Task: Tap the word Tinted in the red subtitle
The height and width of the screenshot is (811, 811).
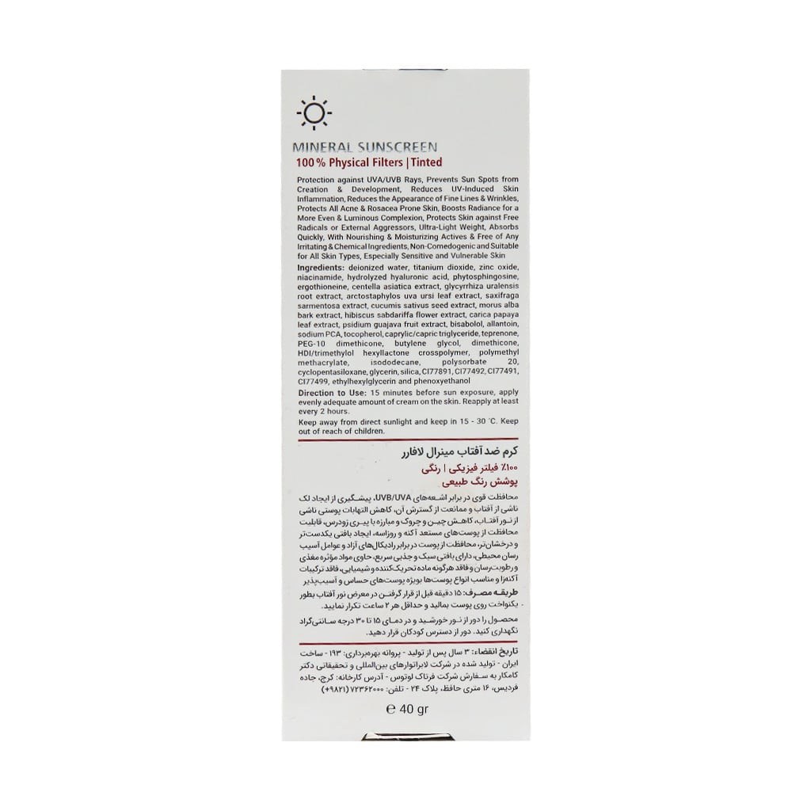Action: [x=425, y=162]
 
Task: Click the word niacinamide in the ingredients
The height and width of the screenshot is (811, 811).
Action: [x=322, y=280]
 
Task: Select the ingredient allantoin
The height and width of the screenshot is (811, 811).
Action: [x=500, y=324]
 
